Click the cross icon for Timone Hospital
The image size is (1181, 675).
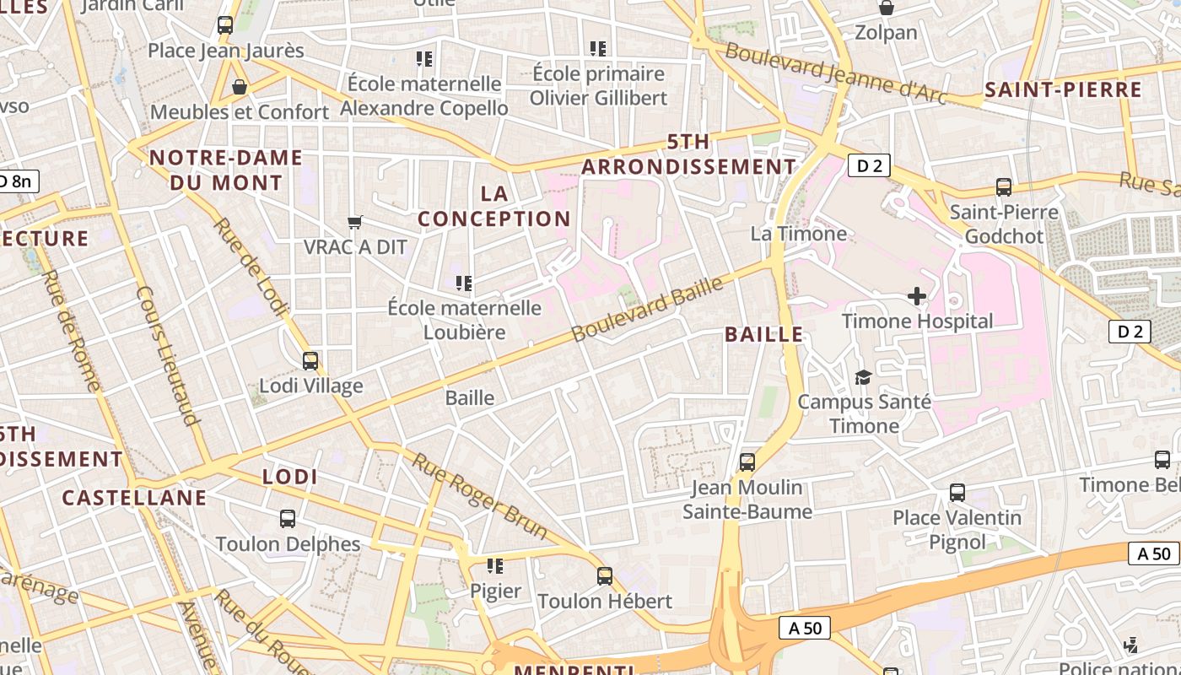click(917, 296)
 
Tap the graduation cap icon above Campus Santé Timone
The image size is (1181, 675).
click(863, 376)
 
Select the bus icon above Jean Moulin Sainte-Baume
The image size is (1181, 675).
click(747, 462)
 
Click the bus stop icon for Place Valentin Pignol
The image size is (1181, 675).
click(957, 492)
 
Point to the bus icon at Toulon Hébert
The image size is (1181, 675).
click(604, 575)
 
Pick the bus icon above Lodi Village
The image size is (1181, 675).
click(310, 360)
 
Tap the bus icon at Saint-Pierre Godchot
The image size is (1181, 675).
click(1003, 186)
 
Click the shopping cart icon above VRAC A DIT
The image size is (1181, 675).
click(355, 222)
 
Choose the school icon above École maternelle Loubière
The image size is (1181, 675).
click(463, 283)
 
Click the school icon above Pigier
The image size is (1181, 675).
click(495, 565)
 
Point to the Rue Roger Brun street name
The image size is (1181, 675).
click(479, 496)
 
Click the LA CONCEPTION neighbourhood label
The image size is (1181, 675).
click(494, 206)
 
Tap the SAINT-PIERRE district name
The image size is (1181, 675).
click(1063, 90)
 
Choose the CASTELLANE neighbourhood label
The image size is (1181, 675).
click(134, 497)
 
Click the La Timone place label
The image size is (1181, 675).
click(798, 234)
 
